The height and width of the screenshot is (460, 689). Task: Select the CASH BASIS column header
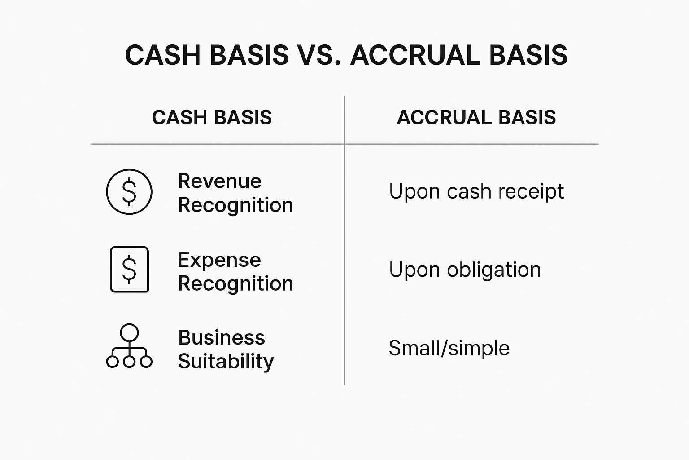tap(212, 118)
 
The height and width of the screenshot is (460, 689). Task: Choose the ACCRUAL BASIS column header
tap(476, 118)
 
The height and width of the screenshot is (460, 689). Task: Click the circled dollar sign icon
tap(129, 192)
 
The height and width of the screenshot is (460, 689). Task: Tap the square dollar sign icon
tap(129, 269)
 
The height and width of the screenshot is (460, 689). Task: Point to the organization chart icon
tap(129, 347)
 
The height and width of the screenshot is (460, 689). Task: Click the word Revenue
tap(219, 181)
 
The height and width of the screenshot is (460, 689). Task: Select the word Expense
tap(219, 260)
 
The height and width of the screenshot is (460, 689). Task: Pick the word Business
tap(222, 337)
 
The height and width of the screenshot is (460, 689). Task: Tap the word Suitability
tap(226, 361)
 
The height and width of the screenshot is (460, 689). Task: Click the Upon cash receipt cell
tap(476, 191)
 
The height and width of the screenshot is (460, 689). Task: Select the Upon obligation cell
tap(465, 270)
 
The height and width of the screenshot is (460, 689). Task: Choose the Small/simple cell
tap(449, 348)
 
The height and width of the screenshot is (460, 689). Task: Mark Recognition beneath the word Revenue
tap(235, 205)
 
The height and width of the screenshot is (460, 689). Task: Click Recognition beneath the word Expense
tap(235, 283)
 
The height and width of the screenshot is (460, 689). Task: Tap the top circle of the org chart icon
tap(129, 332)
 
